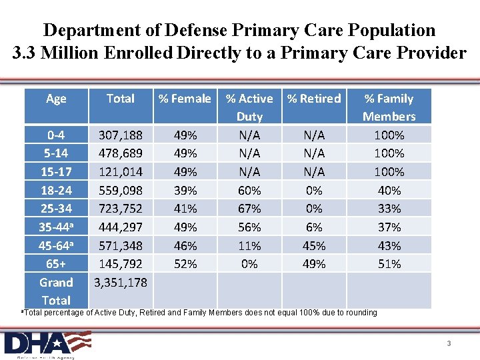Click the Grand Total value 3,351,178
pos(121,282)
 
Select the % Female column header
pos(185,99)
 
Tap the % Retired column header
pos(314,99)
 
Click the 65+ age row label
pos(56,264)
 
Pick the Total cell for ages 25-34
pos(121,209)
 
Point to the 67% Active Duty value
pos(249,209)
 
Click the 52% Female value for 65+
pos(185,264)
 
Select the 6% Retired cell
pos(314,227)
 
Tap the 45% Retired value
pos(314,245)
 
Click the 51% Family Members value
pos(389,264)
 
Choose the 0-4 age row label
pos(56,135)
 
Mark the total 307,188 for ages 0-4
pos(121,135)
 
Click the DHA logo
pos(47,343)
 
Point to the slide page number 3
pos(449,343)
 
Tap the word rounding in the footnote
pos(361,312)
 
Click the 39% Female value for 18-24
pos(185,191)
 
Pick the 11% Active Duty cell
pos(249,245)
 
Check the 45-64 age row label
pos(56,245)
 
